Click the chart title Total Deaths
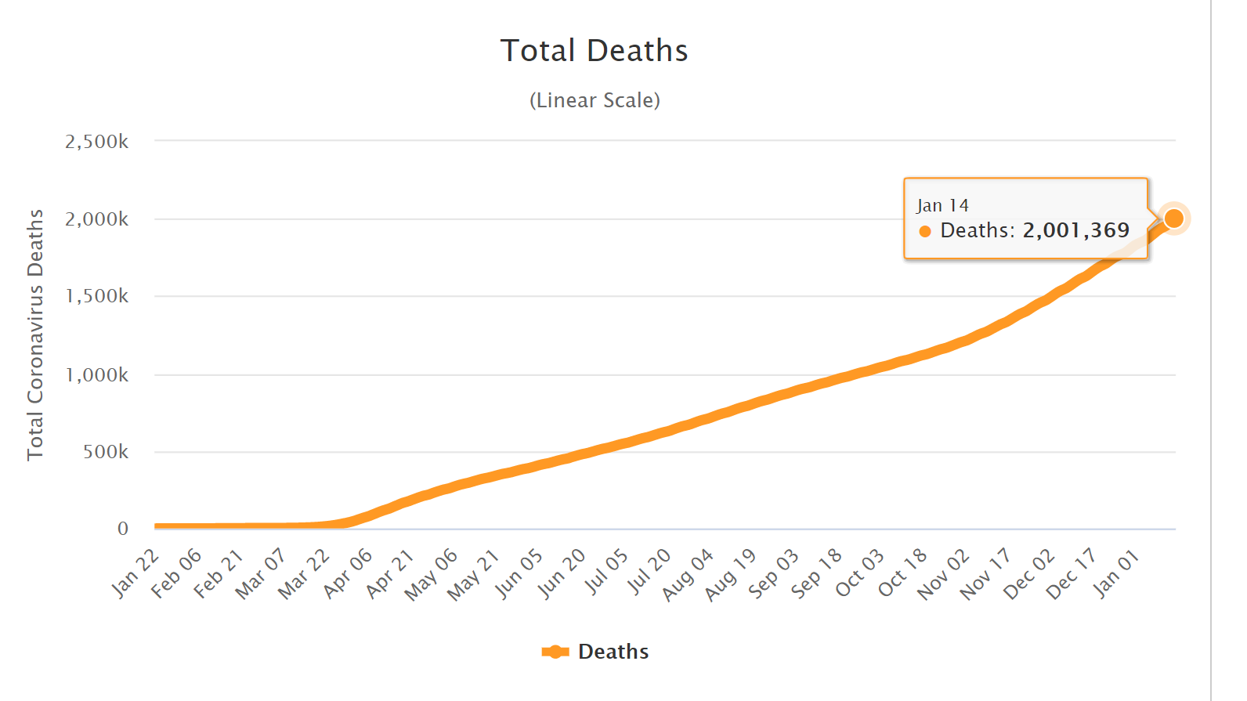(x=594, y=51)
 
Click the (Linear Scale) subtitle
(x=595, y=100)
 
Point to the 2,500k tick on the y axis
(x=96, y=142)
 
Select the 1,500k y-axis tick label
(x=96, y=296)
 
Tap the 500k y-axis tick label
(x=106, y=452)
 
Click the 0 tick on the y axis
(x=123, y=529)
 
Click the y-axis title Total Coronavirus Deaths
(x=35, y=334)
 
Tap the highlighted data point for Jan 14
(x=1173, y=219)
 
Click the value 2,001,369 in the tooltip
(x=1075, y=230)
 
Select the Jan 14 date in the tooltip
(x=942, y=205)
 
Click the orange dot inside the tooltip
(x=925, y=231)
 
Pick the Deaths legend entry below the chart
(x=595, y=652)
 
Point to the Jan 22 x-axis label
(x=136, y=574)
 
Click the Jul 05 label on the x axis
(x=605, y=573)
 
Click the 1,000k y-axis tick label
(x=96, y=375)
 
